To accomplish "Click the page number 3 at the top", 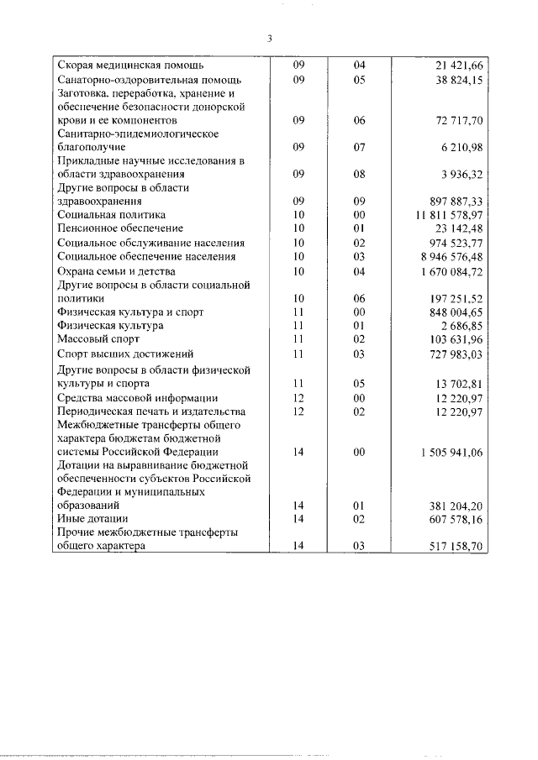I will (x=269, y=38).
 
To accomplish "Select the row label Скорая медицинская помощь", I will (x=130, y=66).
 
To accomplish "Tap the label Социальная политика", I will (x=108, y=215).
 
